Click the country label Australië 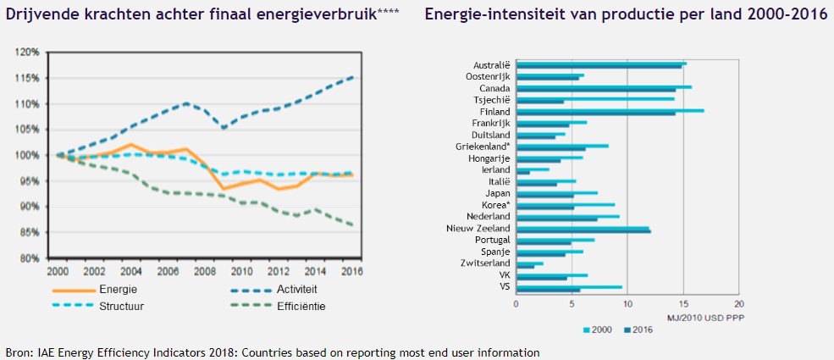(x=491, y=65)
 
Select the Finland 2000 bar (x=610, y=109)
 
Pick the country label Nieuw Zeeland (x=478, y=228)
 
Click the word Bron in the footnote (x=18, y=352)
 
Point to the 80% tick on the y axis (x=30, y=258)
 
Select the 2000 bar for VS (x=569, y=287)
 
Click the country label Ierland (x=495, y=169)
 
